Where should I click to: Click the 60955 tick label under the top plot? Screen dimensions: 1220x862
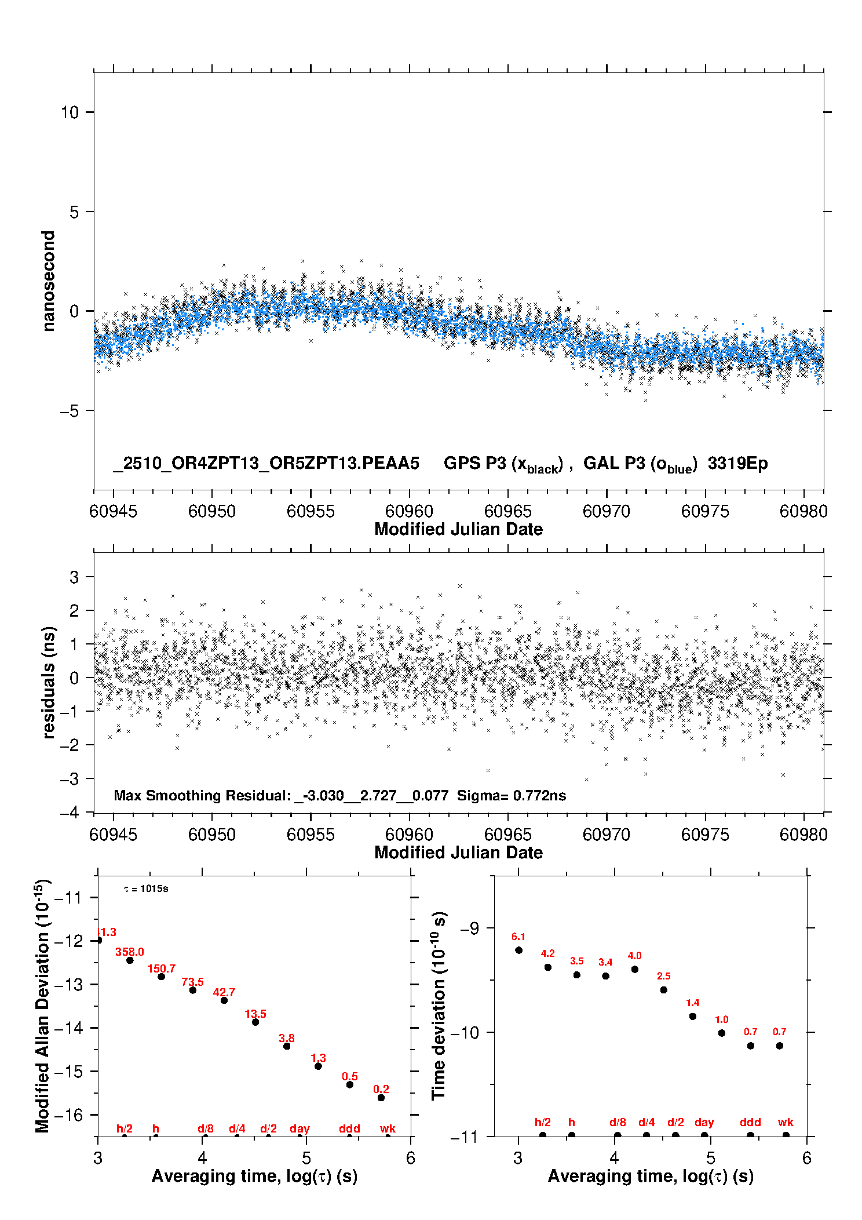click(311, 511)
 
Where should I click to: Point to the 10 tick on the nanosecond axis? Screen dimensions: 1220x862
click(70, 112)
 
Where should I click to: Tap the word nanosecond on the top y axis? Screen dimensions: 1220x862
click(49, 281)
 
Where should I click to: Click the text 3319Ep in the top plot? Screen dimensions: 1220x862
click(737, 464)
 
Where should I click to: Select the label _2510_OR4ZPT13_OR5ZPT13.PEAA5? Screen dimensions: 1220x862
click(266, 464)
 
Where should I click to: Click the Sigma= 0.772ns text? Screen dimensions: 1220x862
click(511, 796)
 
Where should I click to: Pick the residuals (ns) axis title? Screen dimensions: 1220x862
click(49, 682)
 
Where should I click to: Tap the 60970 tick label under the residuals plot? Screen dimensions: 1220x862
click(607, 835)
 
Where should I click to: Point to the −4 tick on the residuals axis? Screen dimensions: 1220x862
click(69, 813)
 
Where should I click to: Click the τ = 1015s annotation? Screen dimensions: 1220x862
click(146, 889)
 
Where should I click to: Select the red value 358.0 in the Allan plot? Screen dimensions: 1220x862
click(129, 952)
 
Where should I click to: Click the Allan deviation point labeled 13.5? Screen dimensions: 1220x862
click(255, 1022)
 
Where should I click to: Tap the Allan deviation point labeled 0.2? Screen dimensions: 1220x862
click(381, 1098)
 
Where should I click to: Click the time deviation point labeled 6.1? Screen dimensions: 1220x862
click(518, 950)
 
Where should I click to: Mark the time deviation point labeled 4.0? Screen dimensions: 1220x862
click(635, 969)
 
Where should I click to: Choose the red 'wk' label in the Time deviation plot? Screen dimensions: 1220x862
click(786, 1123)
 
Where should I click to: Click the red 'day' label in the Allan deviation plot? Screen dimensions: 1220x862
click(299, 1129)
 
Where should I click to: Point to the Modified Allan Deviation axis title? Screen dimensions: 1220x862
click(43, 1006)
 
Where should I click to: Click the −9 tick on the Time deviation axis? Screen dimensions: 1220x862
click(469, 928)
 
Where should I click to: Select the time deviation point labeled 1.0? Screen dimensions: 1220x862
click(722, 1033)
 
